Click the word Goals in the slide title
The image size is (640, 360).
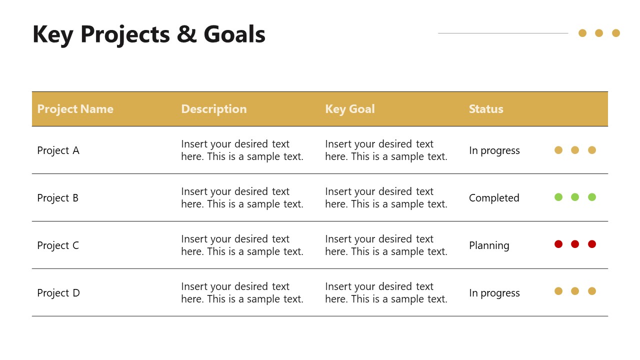pyautogui.click(x=234, y=34)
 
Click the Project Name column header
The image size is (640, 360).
pyautogui.click(x=75, y=109)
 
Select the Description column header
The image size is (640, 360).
pyautogui.click(x=213, y=109)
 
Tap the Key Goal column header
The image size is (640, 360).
pyautogui.click(x=349, y=109)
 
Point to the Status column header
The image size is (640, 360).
pyautogui.click(x=485, y=109)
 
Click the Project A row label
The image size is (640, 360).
pyautogui.click(x=58, y=150)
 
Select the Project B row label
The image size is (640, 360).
pyautogui.click(x=57, y=198)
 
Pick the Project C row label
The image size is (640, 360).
pyautogui.click(x=58, y=245)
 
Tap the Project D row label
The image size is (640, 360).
pyautogui.click(x=58, y=293)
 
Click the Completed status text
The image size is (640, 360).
pyautogui.click(x=494, y=198)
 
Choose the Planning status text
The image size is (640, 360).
pyautogui.click(x=489, y=245)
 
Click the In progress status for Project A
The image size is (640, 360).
pyautogui.click(x=494, y=150)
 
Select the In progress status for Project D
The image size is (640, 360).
pyautogui.click(x=494, y=293)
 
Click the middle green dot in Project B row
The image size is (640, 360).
pyautogui.click(x=575, y=197)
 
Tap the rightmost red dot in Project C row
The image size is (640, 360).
pyautogui.click(x=592, y=244)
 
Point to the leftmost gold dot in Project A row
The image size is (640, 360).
pyautogui.click(x=558, y=150)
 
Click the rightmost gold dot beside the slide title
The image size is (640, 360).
pyautogui.click(x=616, y=33)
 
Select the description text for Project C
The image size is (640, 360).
pyautogui.click(x=242, y=245)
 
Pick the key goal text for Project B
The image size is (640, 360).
pyautogui.click(x=386, y=198)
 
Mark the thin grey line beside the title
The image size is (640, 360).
pyautogui.click(x=502, y=33)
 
